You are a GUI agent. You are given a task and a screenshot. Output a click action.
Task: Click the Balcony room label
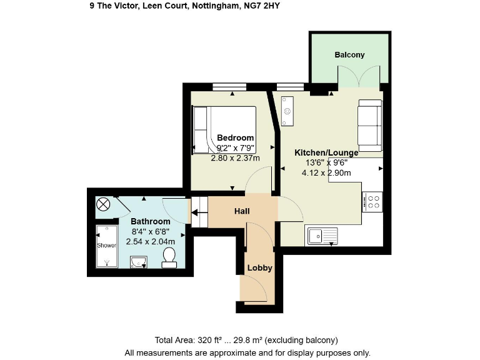coord(349,55)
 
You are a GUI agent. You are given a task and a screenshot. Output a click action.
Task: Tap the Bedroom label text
coord(235,137)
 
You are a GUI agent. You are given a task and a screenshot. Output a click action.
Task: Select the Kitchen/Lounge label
coord(326,152)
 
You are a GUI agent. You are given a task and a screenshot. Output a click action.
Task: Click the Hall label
coord(242,211)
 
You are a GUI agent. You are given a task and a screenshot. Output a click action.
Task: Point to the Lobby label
coord(259,268)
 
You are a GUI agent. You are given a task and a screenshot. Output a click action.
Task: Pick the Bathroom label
coord(150,221)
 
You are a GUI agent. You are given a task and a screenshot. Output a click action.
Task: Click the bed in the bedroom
coord(224,129)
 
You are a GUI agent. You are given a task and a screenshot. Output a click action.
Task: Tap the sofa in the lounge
coord(369,121)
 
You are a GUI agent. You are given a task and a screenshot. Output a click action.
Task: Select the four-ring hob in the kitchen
coord(373,201)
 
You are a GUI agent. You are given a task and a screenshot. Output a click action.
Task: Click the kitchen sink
coord(322,236)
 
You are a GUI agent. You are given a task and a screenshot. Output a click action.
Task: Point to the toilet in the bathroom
coord(169,256)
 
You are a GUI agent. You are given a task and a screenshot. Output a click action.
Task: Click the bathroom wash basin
coord(138,261)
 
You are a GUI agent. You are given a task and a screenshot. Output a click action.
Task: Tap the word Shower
coord(106,245)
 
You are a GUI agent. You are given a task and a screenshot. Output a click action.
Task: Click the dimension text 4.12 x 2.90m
coord(326,173)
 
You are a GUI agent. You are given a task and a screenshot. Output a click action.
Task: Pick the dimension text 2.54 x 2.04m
coord(150,241)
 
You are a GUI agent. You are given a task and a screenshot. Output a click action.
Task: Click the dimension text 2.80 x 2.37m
coord(236,158)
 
